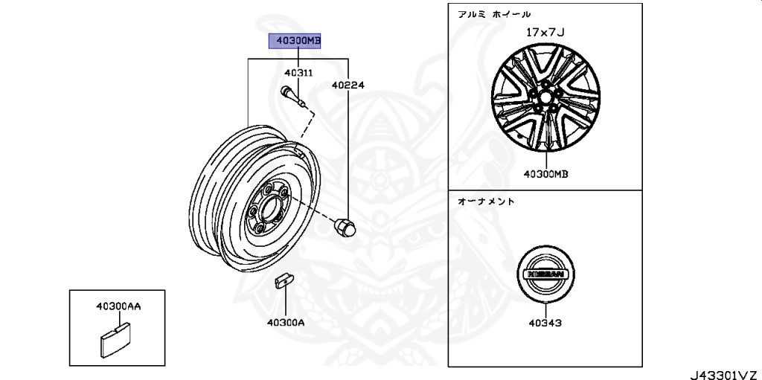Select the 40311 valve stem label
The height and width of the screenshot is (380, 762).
point(298,74)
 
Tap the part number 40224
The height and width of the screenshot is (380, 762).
point(348,86)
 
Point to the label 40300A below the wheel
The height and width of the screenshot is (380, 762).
point(285,323)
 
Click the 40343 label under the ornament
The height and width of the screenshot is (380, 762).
point(545,323)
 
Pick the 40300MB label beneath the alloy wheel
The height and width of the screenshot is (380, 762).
point(545,174)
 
